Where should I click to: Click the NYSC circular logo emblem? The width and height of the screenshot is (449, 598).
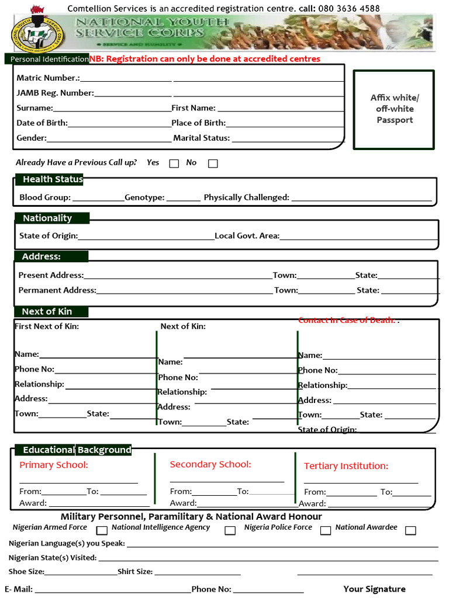pos(37,34)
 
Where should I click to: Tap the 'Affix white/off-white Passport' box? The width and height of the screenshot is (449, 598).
pos(394,109)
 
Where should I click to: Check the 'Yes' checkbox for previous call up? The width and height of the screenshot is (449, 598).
pos(174,164)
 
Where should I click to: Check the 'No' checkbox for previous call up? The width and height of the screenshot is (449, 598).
pos(213,164)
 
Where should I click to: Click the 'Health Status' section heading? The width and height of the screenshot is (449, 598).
pos(53,179)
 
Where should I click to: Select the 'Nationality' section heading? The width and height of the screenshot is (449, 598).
pos(47,218)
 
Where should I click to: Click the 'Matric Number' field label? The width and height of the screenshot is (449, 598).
pos(48,78)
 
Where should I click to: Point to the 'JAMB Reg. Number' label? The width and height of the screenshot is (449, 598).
pos(55,93)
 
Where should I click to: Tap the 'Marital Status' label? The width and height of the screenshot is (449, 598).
pos(202,138)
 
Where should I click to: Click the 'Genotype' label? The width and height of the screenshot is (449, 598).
pos(144,197)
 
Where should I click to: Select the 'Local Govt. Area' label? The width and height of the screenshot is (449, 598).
pos(247,236)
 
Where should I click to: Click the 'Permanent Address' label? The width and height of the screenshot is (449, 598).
pos(57,290)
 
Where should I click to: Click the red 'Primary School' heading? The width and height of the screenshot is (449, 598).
pos(54,465)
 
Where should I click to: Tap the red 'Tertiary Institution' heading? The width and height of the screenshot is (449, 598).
pos(346,466)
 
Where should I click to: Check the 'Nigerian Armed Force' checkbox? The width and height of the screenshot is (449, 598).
pos(102,530)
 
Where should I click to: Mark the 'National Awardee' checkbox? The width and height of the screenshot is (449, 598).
pos(410,530)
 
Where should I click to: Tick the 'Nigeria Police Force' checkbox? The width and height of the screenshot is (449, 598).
pos(326,530)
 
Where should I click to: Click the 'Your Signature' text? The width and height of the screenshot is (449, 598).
pos(374,589)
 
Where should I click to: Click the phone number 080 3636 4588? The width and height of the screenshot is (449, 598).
pos(349,8)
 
